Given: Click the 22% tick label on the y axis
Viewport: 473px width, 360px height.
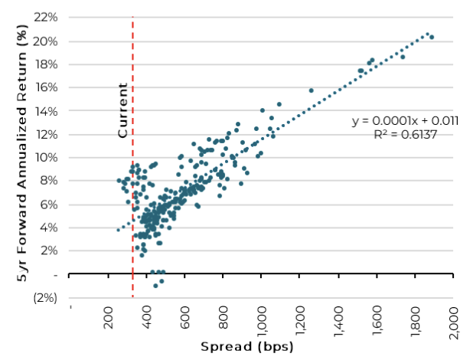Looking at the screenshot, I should [x=46, y=18].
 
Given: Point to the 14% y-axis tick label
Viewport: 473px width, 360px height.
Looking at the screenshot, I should [x=46, y=111].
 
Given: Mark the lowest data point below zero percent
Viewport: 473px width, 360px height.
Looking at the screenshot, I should [x=155, y=286].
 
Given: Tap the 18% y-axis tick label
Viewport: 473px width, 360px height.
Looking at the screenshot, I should [x=46, y=64].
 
